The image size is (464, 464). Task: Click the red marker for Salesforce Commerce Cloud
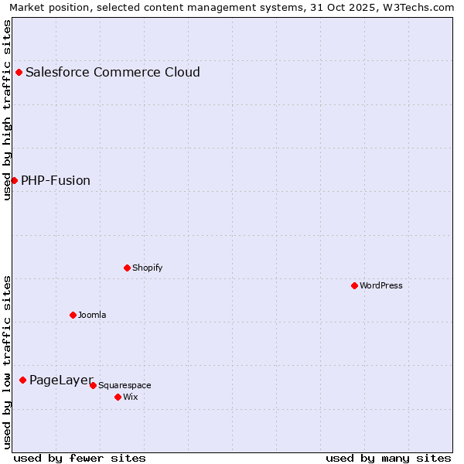coord(19,73)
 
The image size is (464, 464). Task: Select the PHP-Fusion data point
coord(14,180)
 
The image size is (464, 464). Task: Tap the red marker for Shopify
coord(127,268)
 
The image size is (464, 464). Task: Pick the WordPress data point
coord(354,285)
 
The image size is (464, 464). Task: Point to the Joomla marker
coord(73,315)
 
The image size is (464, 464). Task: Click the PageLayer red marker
coord(23,380)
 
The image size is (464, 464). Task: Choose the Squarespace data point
coord(93,385)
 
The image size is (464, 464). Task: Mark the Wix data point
coord(118,397)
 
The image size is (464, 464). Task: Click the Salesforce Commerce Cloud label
coord(113,73)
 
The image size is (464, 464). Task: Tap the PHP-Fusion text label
coord(56,181)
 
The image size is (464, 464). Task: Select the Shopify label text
coord(147,268)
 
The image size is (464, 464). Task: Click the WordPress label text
coord(381,285)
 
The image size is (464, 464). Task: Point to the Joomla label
coord(92,315)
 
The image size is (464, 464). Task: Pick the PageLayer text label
coord(61,380)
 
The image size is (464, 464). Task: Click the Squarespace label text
coord(125,385)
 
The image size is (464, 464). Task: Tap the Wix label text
coord(131,397)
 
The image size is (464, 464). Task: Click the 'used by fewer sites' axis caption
coord(80,458)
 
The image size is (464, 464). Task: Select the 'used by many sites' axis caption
coord(388,458)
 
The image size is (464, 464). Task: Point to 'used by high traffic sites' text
coord(7,110)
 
